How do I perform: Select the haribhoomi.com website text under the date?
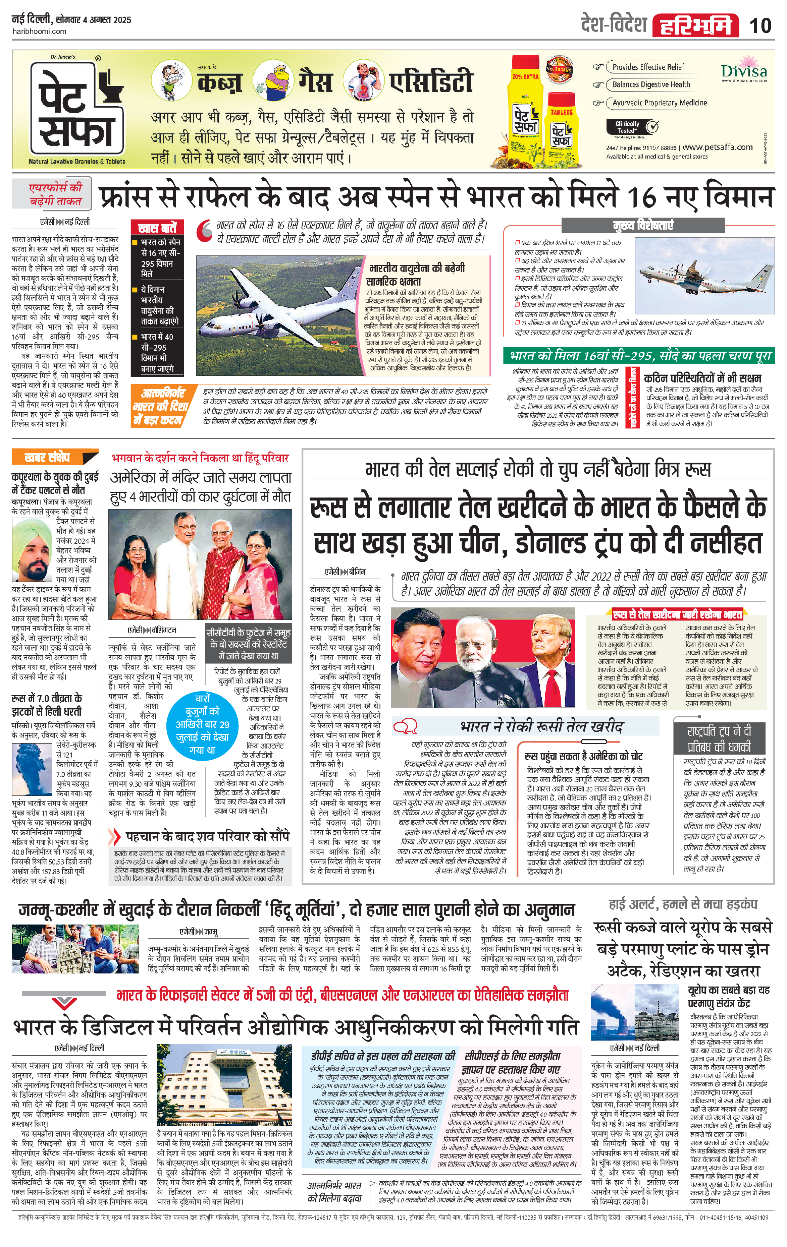pyautogui.click(x=39, y=31)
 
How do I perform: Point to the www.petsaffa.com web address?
pyautogui.click(x=717, y=147)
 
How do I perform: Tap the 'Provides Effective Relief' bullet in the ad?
pyautogui.click(x=648, y=67)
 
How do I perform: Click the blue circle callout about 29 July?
pyautogui.click(x=202, y=723)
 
